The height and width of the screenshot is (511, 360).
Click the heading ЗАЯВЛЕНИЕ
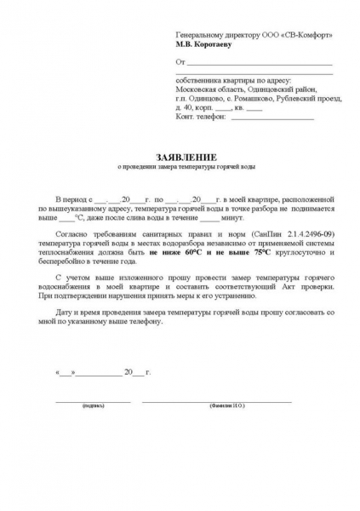180,158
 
